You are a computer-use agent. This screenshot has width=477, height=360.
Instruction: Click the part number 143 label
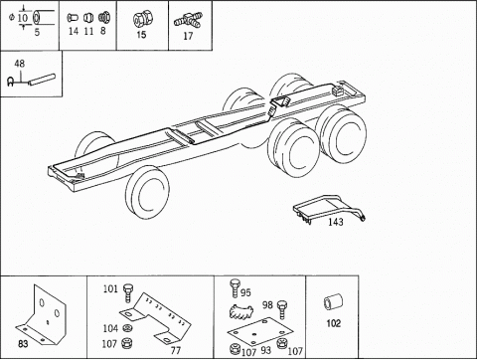[336, 222]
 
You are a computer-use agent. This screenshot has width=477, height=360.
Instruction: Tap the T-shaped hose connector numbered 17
[188, 21]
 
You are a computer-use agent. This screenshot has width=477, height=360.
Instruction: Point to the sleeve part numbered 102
[333, 303]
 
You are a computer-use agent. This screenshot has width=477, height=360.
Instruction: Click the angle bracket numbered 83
[42, 315]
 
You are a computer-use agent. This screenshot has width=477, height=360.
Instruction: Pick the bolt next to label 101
[128, 292]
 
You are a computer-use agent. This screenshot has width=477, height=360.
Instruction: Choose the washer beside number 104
[127, 328]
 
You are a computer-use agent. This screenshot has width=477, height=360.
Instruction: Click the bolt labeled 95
[235, 288]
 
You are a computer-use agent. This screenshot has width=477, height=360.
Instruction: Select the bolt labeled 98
[282, 309]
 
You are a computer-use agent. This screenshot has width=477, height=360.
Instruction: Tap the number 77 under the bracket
[175, 350]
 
